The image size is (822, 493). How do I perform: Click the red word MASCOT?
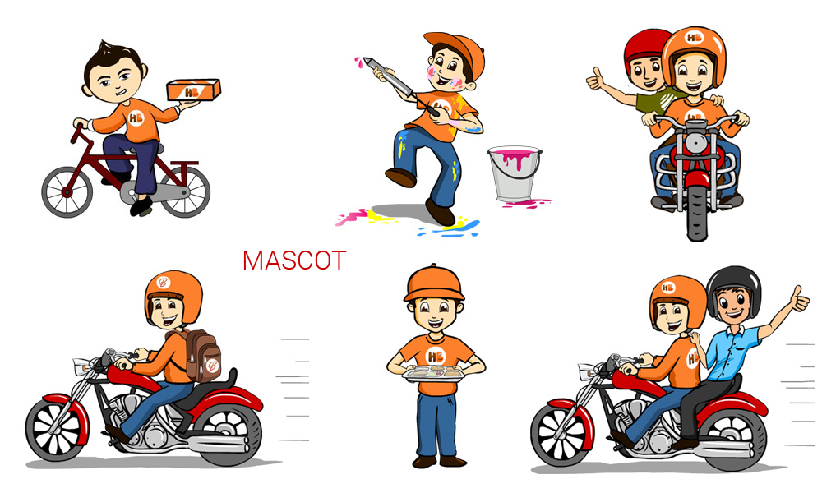pyautogui.click(x=294, y=260)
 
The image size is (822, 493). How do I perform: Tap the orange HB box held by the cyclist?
pyautogui.click(x=193, y=90)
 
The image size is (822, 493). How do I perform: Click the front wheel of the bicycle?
pyautogui.click(x=67, y=191)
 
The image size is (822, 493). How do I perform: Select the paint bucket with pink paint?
pyautogui.click(x=515, y=173)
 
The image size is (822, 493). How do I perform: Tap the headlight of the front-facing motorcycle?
pyautogui.click(x=695, y=141)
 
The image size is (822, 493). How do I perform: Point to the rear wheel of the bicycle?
pyautogui.click(x=184, y=191)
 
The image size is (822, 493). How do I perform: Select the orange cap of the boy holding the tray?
pyautogui.click(x=434, y=284)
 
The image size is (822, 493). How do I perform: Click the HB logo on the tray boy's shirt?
pyautogui.click(x=435, y=357)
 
